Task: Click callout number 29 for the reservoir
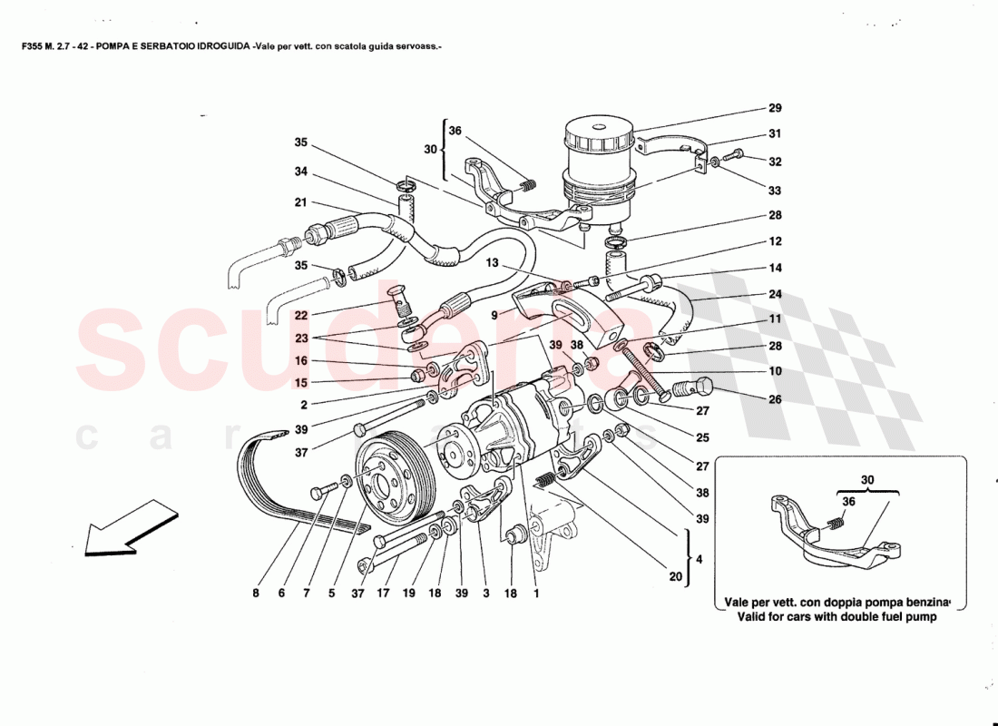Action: coord(775,108)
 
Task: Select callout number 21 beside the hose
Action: coord(301,202)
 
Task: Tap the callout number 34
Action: coord(301,172)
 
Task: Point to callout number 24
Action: coord(775,293)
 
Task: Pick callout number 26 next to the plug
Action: coord(775,399)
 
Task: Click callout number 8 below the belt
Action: coord(256,594)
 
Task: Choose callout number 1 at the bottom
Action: coord(536,594)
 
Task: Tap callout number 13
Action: coord(492,263)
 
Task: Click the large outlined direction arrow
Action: coord(118,528)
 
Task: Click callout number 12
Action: coord(775,242)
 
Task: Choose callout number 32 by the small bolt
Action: coord(775,162)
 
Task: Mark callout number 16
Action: coord(301,359)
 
